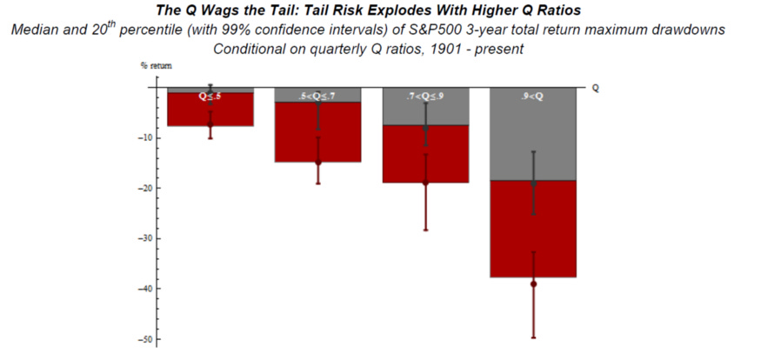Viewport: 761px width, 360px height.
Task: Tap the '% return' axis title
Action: coord(141,66)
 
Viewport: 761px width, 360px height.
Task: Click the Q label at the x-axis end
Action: coord(595,88)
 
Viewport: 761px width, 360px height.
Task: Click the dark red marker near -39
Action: coord(533,283)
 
